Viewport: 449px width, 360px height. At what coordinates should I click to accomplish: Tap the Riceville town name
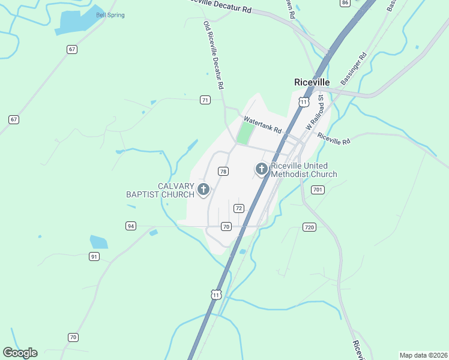[x=312, y=82]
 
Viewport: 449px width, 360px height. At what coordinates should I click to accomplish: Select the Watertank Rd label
[x=262, y=125]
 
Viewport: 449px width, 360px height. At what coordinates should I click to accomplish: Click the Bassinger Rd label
[x=353, y=69]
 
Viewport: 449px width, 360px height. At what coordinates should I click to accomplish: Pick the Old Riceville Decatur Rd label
[x=214, y=55]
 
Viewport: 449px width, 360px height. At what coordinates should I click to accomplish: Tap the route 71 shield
[x=205, y=100]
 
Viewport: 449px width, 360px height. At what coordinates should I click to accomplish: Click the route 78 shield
[x=223, y=172]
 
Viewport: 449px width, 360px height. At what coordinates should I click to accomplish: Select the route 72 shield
[x=238, y=208]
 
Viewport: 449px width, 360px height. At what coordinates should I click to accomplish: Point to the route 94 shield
[x=131, y=226]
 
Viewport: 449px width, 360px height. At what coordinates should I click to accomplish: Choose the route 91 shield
[x=94, y=256]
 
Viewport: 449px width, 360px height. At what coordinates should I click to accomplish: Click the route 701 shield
[x=318, y=190]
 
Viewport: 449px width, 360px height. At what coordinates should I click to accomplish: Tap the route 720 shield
[x=309, y=227]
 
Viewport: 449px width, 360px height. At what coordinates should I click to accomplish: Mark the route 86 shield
[x=345, y=3]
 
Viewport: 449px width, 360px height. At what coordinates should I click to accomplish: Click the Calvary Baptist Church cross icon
[x=203, y=190]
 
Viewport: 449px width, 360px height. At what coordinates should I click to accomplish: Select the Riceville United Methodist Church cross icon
[x=261, y=169]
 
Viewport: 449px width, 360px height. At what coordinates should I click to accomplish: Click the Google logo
[x=20, y=353]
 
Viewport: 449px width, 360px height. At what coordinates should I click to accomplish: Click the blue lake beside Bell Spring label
[x=75, y=23]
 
